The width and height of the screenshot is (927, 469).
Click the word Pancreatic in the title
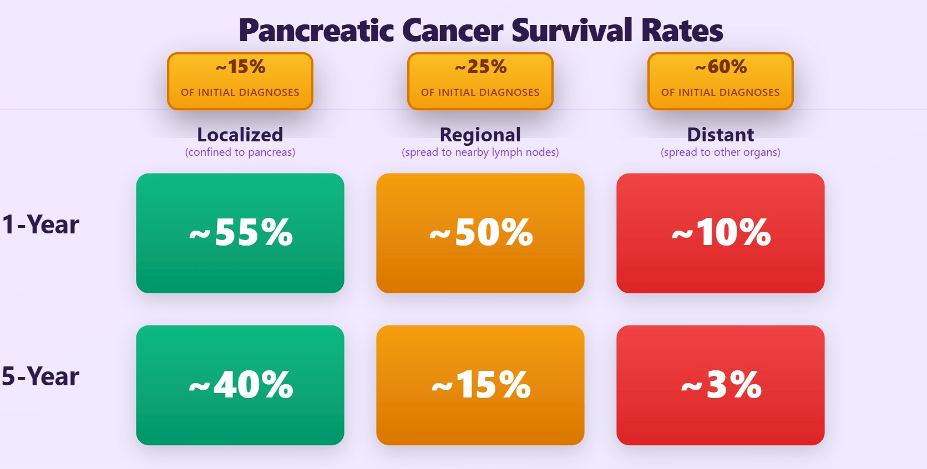click(316, 30)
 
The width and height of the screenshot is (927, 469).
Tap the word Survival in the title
click(571, 30)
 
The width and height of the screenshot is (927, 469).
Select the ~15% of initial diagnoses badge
click(240, 81)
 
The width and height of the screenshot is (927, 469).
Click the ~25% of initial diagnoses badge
click(480, 81)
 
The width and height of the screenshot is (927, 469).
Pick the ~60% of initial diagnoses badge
click(721, 81)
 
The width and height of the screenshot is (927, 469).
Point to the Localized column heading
click(240, 134)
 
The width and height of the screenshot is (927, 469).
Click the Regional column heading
click(480, 135)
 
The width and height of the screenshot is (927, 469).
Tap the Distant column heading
click(721, 134)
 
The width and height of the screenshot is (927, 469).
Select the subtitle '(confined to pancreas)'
click(240, 152)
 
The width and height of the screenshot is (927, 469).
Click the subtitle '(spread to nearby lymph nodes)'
click(480, 152)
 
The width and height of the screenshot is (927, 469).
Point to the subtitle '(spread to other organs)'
click(721, 152)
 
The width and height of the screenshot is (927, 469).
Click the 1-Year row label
click(40, 225)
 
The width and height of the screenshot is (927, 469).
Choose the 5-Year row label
click(40, 376)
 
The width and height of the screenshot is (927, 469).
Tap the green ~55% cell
click(240, 233)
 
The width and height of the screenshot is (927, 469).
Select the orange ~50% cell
click(480, 233)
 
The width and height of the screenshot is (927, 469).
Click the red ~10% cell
click(721, 233)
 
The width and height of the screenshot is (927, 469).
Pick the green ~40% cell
click(240, 385)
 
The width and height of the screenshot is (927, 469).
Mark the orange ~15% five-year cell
click(480, 385)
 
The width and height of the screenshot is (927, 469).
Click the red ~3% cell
click(721, 385)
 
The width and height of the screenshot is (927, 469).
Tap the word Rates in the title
click(682, 30)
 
